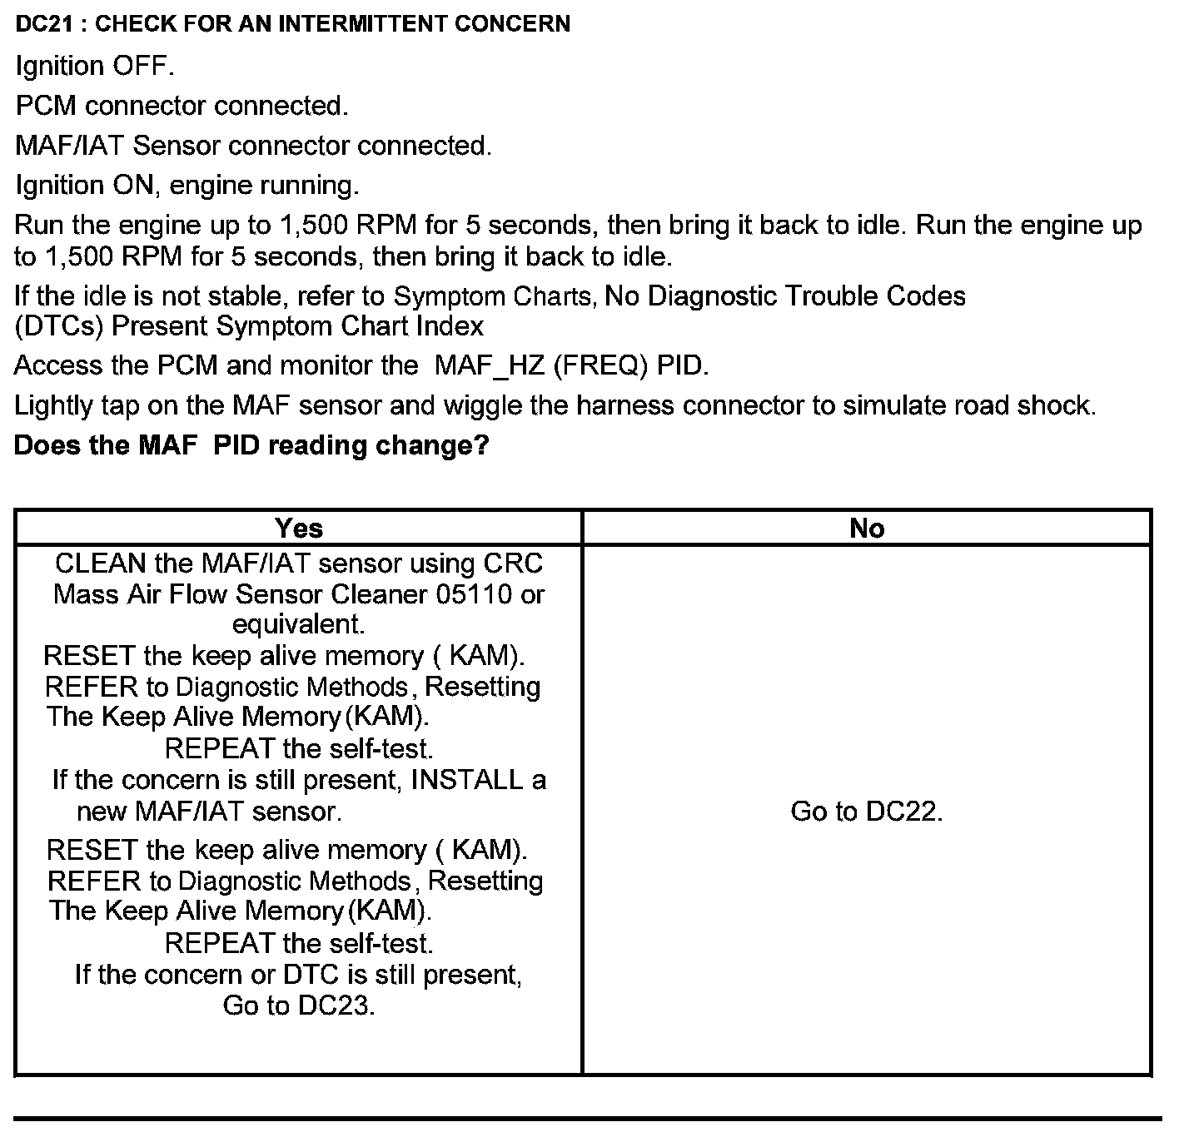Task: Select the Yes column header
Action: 298,528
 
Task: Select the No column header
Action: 867,528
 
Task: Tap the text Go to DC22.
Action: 867,811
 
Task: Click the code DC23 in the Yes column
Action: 336,1005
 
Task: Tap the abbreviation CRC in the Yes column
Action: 513,564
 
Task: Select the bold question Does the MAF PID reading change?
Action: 251,445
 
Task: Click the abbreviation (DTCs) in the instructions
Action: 58,325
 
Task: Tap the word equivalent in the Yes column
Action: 298,624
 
